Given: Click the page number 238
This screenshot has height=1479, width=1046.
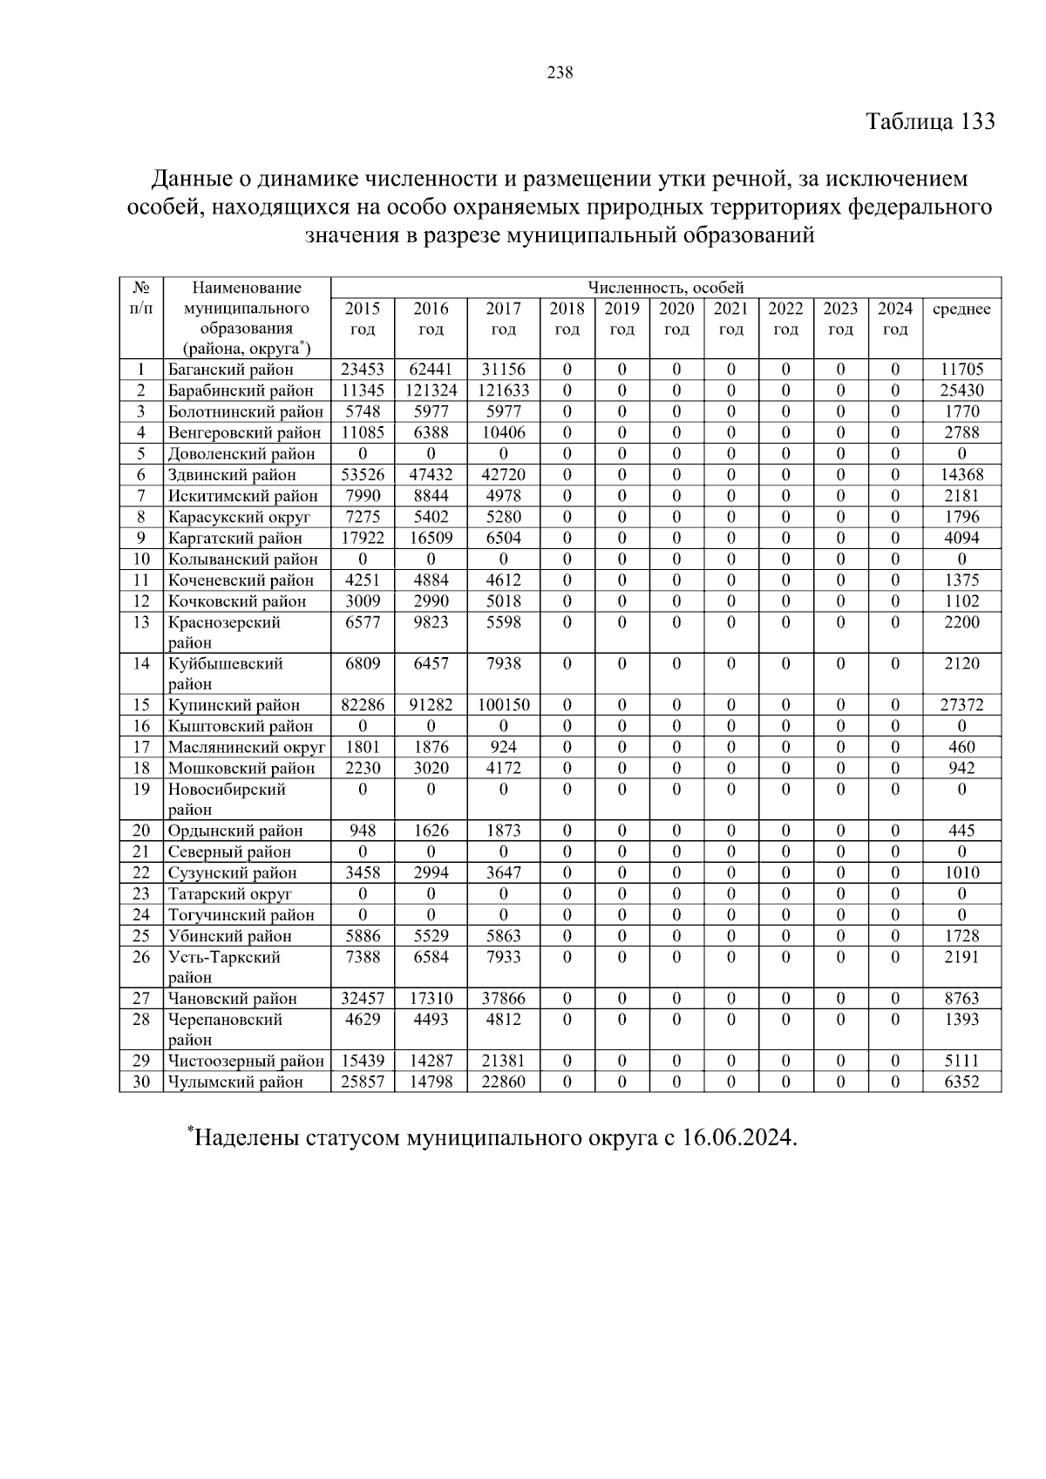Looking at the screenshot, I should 560,73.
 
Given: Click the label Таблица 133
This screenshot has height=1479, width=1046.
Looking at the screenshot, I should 930,121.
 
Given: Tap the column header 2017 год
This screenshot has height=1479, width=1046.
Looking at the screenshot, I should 503,319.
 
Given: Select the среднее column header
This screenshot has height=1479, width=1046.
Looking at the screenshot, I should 961,309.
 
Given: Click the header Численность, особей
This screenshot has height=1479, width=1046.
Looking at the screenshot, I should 665,288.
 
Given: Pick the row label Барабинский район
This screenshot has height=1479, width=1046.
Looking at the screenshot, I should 241,390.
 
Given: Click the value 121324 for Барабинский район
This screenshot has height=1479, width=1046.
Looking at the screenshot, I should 431,390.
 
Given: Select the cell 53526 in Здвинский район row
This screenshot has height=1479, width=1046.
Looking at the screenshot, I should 363,475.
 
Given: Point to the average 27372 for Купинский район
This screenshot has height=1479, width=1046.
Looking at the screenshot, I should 961,705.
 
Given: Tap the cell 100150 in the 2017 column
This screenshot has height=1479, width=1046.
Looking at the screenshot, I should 503,705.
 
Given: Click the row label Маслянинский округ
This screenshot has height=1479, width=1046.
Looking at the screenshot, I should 247,747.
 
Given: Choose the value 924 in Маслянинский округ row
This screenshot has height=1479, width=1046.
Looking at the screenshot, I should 503,747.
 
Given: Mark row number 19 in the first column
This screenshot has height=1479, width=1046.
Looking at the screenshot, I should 141,790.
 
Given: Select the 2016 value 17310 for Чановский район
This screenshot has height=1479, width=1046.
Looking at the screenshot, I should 431,999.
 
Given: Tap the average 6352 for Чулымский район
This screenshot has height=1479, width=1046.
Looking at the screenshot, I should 961,1082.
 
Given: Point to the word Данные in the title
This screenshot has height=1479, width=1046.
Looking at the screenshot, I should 188,180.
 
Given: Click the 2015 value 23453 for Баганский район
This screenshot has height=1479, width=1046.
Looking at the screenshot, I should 363,370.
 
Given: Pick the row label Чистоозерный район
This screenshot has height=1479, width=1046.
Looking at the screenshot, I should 246,1062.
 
